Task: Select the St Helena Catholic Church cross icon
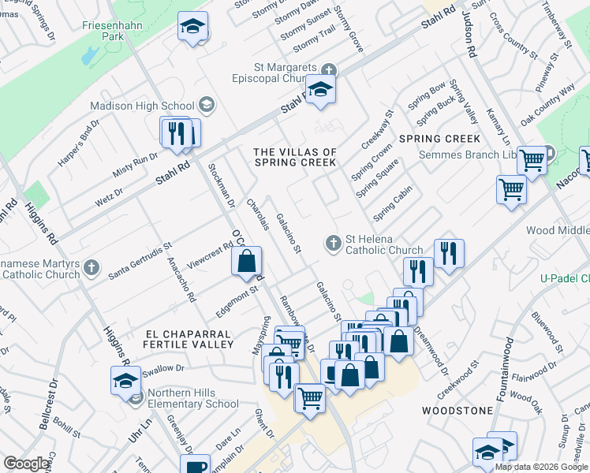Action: [x=334, y=242]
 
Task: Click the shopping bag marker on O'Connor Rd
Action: [x=247, y=261]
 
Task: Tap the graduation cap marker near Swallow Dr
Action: [x=125, y=381]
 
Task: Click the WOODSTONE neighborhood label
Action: [x=457, y=411]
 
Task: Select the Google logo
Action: [x=26, y=464]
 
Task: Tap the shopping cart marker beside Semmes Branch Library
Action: [x=533, y=161]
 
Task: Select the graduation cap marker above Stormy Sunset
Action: [x=192, y=27]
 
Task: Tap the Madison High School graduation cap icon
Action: [x=206, y=105]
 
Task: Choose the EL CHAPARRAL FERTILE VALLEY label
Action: [x=189, y=339]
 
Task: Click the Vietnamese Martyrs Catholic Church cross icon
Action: [x=92, y=266]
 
